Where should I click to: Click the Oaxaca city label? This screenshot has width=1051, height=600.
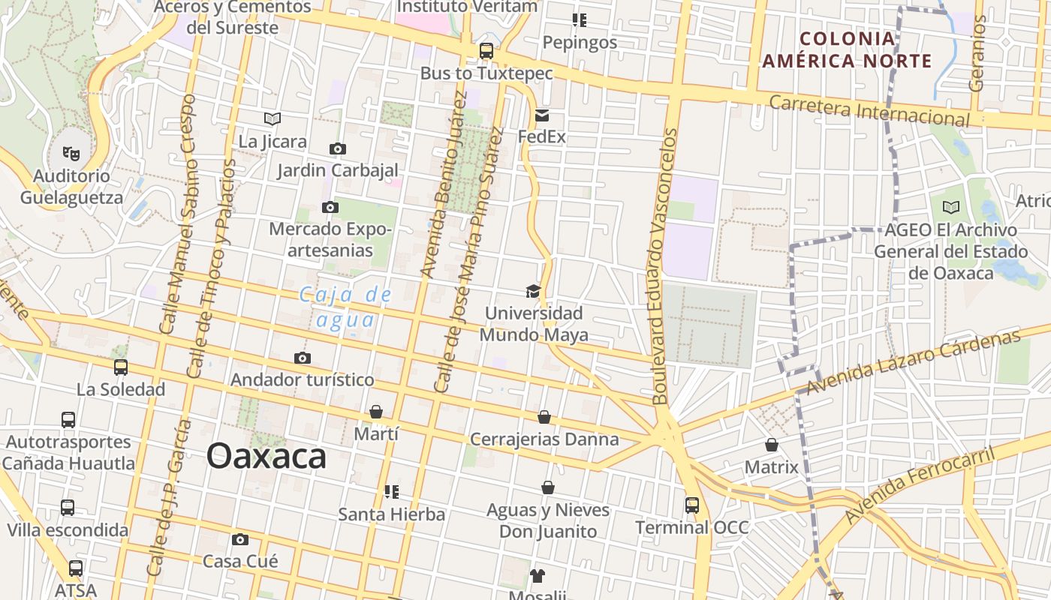click(267, 456)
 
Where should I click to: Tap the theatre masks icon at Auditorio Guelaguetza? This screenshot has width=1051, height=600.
click(71, 154)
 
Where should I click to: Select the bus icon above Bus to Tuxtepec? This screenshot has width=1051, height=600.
click(486, 51)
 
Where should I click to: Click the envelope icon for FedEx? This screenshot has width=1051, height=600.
click(542, 115)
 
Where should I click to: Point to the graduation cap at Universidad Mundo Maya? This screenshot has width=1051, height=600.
click(533, 291)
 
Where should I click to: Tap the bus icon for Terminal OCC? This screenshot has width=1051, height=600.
click(692, 505)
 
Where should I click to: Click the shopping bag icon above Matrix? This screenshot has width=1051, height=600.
click(772, 445)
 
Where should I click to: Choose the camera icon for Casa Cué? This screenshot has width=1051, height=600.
click(240, 539)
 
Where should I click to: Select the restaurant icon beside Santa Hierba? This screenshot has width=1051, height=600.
click(391, 492)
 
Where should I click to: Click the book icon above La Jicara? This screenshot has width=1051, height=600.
click(273, 118)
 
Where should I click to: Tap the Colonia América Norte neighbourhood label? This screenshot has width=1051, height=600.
click(848, 49)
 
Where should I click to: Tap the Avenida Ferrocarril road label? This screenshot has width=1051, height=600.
click(920, 485)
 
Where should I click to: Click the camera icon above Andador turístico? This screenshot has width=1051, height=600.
click(303, 358)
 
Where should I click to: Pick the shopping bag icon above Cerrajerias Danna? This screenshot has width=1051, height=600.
click(544, 417)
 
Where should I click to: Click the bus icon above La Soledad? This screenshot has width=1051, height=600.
click(121, 367)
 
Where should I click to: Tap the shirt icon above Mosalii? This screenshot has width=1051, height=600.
click(537, 576)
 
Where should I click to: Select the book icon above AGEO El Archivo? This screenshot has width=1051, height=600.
click(951, 207)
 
